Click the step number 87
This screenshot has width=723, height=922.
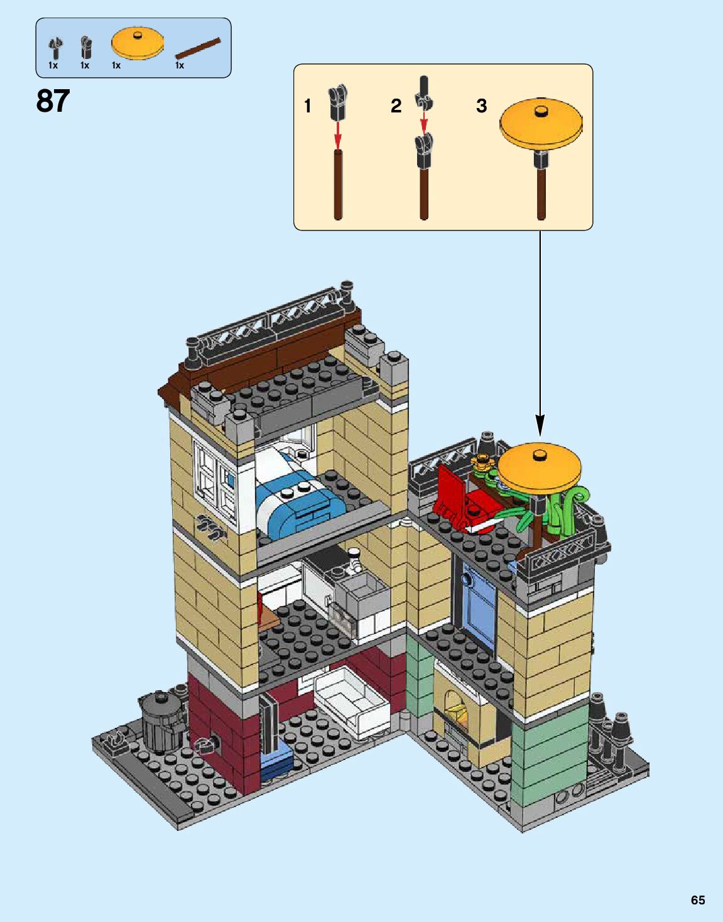[53, 101]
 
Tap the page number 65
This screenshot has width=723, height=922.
[697, 899]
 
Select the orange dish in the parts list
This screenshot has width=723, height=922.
[138, 44]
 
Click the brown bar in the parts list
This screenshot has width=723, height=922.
[198, 48]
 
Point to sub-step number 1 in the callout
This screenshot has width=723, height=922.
[308, 106]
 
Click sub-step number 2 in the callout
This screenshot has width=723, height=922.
[396, 106]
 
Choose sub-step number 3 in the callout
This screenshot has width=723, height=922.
[481, 106]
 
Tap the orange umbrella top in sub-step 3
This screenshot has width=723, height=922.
[541, 124]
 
